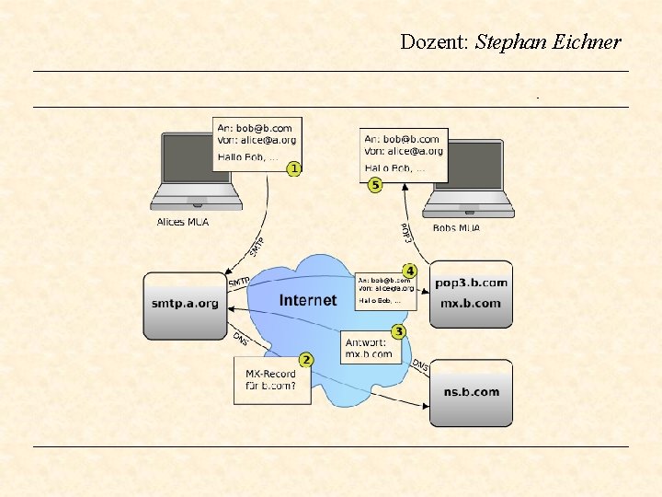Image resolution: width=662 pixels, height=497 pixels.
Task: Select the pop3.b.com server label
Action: pos(471,283)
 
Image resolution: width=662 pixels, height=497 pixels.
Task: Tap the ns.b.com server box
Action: pos(471,392)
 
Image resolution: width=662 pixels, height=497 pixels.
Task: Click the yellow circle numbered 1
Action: pos(293,168)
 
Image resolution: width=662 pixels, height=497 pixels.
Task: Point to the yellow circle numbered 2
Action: pos(306,359)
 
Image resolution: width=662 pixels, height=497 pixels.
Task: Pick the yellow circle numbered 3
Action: pos(398,330)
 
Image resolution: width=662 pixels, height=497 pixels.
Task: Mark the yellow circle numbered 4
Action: pos(410,271)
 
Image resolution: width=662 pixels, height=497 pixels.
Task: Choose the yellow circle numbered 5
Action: pos(375,185)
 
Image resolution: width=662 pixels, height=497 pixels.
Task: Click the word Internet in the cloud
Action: pos(308,300)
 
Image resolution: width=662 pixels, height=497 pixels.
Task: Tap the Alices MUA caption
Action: pos(183,222)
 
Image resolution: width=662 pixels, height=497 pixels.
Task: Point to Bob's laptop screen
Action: pos(469,164)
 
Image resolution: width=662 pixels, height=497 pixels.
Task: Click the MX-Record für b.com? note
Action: pos(271,380)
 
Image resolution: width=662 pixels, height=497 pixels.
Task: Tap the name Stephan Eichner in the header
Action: pos(548,41)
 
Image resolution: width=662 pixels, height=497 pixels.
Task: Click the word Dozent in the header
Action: pos(434,41)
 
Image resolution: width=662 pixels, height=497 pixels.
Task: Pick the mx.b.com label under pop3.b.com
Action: pos(471,303)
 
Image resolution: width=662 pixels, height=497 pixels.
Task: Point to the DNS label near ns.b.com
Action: pos(420,366)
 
